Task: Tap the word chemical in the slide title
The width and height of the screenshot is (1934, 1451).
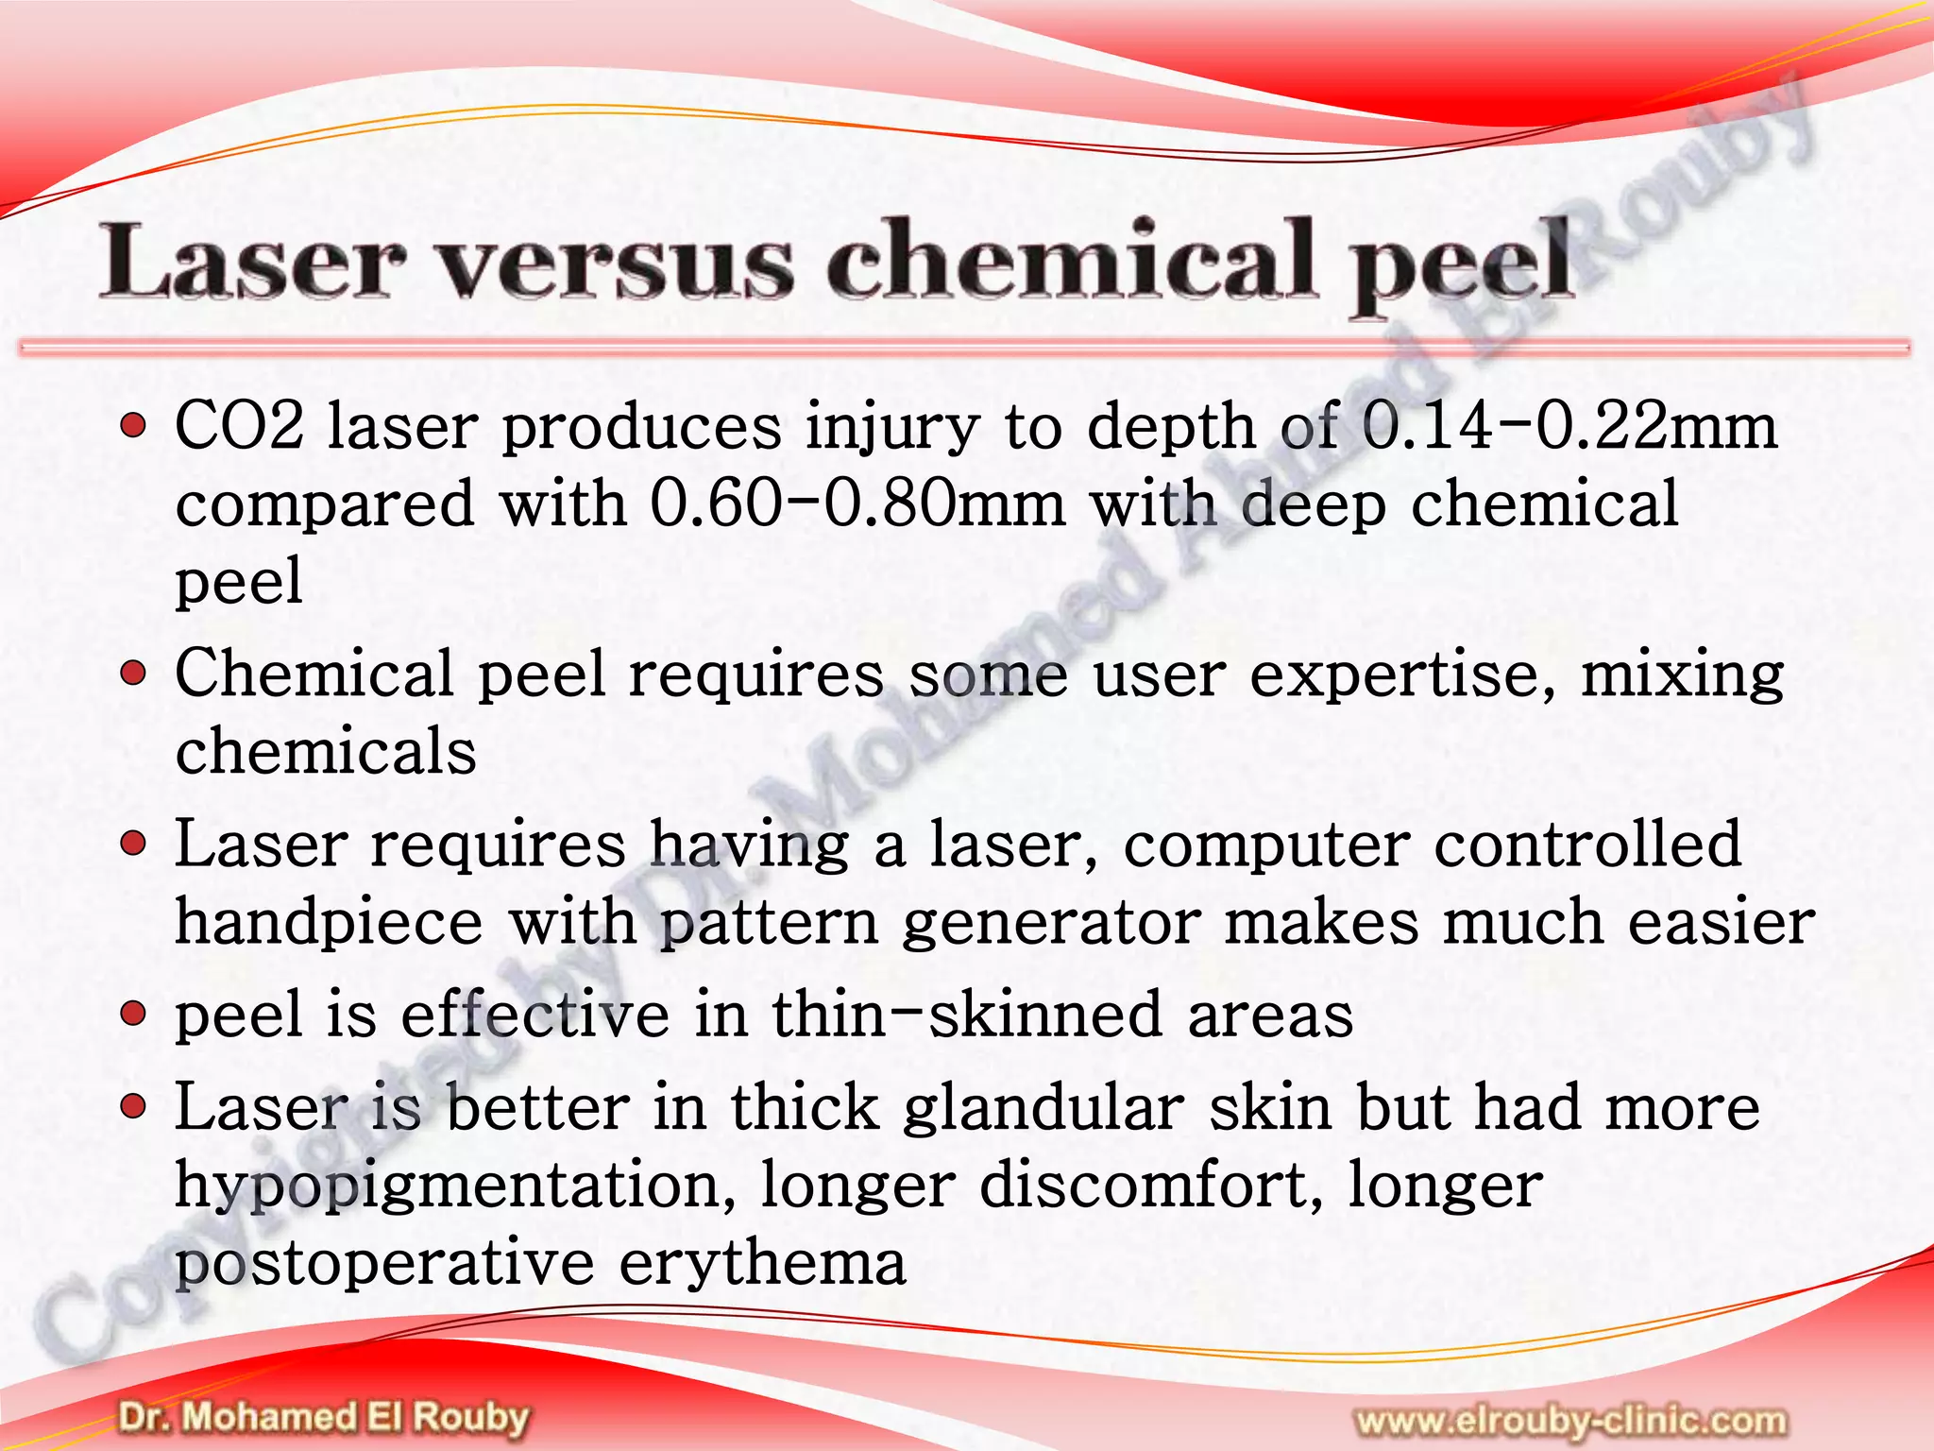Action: [x=1071, y=260]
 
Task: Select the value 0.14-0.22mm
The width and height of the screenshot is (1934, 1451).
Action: [x=1570, y=427]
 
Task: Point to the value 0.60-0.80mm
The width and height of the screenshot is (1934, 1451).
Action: [x=857, y=504]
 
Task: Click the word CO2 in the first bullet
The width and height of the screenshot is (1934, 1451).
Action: [x=240, y=427]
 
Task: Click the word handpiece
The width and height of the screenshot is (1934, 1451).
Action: [x=329, y=923]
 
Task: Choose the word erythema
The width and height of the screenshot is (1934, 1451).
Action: [x=762, y=1262]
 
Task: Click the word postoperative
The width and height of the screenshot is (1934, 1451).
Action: [x=383, y=1264]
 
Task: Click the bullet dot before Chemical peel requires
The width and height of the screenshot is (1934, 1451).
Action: [x=134, y=674]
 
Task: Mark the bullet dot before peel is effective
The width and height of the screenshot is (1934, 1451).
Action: [x=134, y=1014]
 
